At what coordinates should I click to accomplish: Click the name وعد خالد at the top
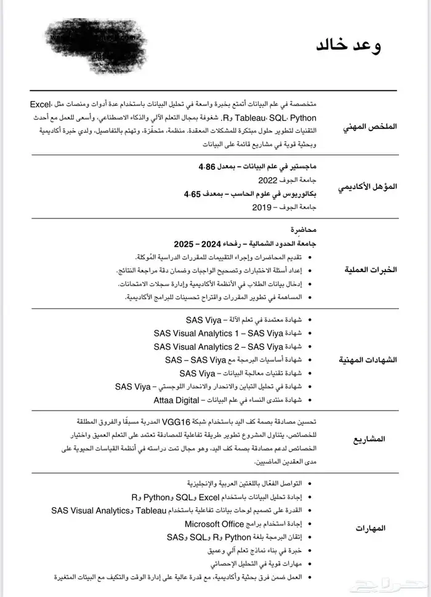[348, 46]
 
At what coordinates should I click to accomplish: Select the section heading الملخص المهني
[370, 126]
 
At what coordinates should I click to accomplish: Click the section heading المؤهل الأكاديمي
[368, 186]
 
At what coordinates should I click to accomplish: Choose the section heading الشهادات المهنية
[368, 359]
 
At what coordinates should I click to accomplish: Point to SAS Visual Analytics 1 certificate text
[219, 333]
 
